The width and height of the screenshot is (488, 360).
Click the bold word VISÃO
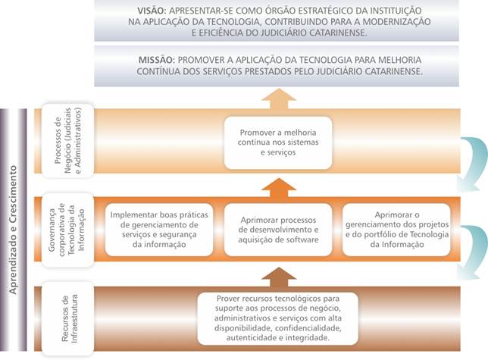coord(152,11)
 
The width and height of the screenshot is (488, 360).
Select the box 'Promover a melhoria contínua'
coord(278,142)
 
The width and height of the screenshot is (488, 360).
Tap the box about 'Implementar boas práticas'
coord(159,230)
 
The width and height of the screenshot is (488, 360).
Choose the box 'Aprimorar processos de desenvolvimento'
coord(278,230)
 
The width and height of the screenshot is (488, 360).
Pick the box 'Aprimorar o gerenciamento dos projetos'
coord(396,230)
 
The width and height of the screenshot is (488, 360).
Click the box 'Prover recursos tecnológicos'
coord(277,318)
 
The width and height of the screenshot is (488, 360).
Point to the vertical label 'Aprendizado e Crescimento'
coord(13,230)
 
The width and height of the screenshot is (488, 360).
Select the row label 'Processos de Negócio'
coord(67,141)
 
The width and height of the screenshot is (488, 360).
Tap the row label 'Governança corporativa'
coord(67,230)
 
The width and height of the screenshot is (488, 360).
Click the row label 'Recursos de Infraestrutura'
coord(67,318)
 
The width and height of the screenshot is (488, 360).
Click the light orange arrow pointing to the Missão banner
coord(279,99)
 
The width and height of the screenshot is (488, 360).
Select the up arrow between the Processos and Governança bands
coord(279,188)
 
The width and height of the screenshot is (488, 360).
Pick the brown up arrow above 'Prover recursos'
coord(279,277)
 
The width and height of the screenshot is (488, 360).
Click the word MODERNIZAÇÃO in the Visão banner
coord(397,22)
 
